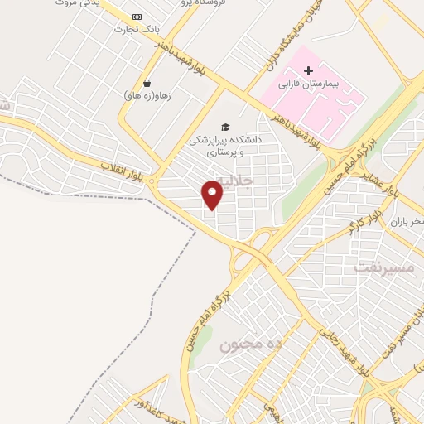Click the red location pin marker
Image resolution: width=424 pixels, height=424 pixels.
214,194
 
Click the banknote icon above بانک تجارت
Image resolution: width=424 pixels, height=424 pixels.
137,17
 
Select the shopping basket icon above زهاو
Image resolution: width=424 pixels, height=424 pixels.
147,83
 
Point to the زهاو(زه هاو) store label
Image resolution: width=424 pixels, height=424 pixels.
147,95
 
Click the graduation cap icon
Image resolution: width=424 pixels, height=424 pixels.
225,126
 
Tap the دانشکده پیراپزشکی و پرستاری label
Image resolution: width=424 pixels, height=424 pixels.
225,146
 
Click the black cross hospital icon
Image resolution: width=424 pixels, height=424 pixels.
308,70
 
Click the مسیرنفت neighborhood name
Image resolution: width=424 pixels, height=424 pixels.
382,267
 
